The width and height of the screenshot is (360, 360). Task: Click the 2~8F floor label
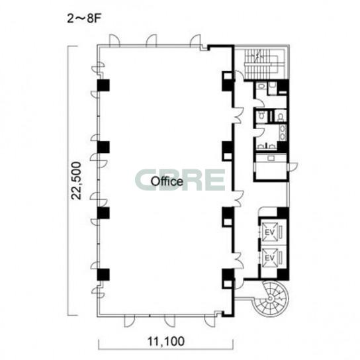click(84, 19)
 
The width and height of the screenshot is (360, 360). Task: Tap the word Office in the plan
click(167, 181)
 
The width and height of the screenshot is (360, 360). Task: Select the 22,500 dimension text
click(76, 181)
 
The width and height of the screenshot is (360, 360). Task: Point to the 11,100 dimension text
click(165, 341)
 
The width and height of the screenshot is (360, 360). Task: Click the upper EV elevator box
click(270, 232)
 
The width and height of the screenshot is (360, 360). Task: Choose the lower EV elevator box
click(270, 258)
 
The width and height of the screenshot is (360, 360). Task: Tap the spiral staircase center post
click(271, 298)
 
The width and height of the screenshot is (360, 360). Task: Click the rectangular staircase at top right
click(262, 64)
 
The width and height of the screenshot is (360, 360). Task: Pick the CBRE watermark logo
click(180, 180)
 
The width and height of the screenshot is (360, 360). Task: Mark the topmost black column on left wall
click(103, 85)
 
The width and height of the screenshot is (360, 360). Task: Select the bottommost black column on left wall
click(103, 275)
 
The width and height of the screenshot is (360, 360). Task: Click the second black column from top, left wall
click(103, 147)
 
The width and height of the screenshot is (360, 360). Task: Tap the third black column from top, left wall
click(103, 213)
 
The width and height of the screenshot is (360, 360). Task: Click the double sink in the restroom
click(283, 132)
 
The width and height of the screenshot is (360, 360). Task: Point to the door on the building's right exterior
click(292, 167)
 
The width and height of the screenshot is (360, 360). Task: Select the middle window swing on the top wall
click(152, 40)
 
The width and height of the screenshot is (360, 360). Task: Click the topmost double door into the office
click(238, 115)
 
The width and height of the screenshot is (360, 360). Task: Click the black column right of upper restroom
click(283, 87)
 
